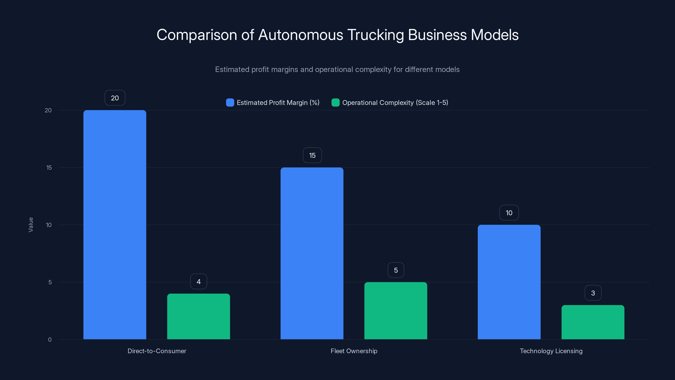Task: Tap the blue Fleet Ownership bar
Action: click(x=312, y=253)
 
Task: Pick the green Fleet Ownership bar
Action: click(x=396, y=311)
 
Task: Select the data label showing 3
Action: click(x=593, y=293)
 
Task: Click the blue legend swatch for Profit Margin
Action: click(x=230, y=103)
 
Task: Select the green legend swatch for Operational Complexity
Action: click(x=335, y=103)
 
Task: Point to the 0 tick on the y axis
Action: click(x=50, y=340)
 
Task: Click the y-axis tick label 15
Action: click(x=49, y=168)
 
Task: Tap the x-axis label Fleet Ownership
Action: click(x=354, y=351)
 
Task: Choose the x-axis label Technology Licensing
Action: click(x=551, y=351)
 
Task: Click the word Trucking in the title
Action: click(x=375, y=35)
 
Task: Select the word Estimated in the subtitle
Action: click(x=232, y=69)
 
